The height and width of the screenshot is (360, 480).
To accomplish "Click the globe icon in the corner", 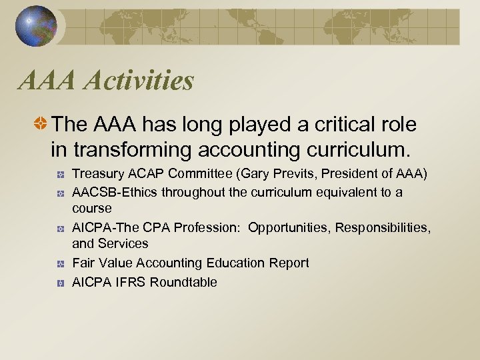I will [35, 26].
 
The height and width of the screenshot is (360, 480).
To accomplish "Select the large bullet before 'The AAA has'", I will [41, 124].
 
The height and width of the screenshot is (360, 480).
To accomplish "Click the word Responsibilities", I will [383, 228].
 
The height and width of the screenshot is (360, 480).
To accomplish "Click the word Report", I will [289, 263].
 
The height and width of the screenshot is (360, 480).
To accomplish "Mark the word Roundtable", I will [183, 282].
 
